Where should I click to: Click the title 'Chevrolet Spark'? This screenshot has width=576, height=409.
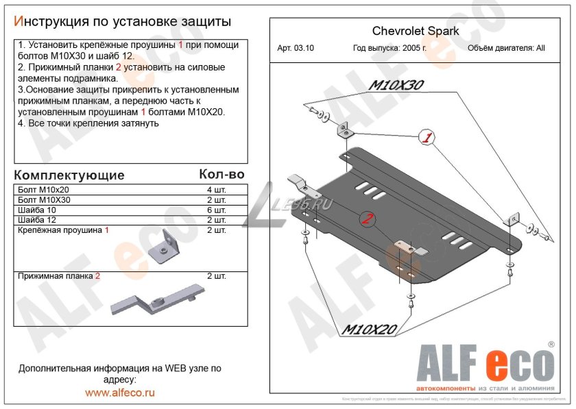pos(416,31)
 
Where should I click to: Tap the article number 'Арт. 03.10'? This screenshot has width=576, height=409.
pos(296,49)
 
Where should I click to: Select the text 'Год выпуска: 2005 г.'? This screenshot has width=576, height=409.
pos(389,49)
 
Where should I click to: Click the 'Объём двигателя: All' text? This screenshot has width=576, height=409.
pos(506,49)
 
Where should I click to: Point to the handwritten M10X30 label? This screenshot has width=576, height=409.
pos(397,86)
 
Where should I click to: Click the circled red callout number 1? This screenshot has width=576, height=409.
pos(427,138)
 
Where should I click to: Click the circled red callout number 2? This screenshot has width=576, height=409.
pos(368,219)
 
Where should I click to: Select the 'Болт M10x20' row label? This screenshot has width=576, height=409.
pos(41,190)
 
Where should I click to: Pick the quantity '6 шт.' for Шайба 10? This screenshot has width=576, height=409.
pos(216,210)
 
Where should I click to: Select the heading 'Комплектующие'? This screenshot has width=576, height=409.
pos(69,175)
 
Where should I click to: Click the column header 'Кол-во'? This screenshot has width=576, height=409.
pos(221,175)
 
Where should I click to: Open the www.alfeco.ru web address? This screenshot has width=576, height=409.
pos(120,393)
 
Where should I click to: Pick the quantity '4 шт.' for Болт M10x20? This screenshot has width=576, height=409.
pos(216,190)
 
